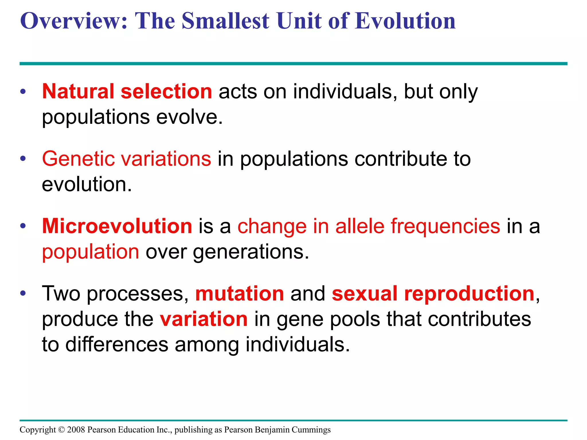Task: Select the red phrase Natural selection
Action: point(127,92)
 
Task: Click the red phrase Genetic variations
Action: point(126,159)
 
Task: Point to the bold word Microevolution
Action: point(117,226)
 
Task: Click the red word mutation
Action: point(240,294)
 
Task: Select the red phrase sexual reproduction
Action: point(433,294)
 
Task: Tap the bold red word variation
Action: point(204,319)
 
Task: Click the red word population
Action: point(91,252)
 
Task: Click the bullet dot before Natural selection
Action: point(23,92)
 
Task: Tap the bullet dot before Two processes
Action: point(23,294)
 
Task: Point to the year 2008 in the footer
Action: point(76,430)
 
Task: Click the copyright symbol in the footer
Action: point(62,430)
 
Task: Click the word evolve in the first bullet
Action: point(189,117)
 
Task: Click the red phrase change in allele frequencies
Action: point(369,226)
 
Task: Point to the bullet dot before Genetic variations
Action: point(23,159)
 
